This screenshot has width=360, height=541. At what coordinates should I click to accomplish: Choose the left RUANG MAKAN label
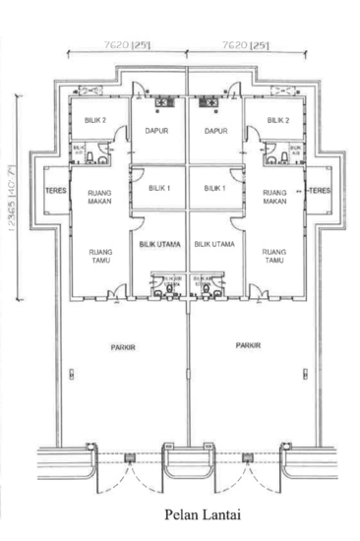point(98,197)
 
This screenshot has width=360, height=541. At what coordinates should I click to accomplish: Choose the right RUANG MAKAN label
point(272,197)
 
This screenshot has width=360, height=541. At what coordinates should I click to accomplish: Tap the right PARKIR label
point(247,346)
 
